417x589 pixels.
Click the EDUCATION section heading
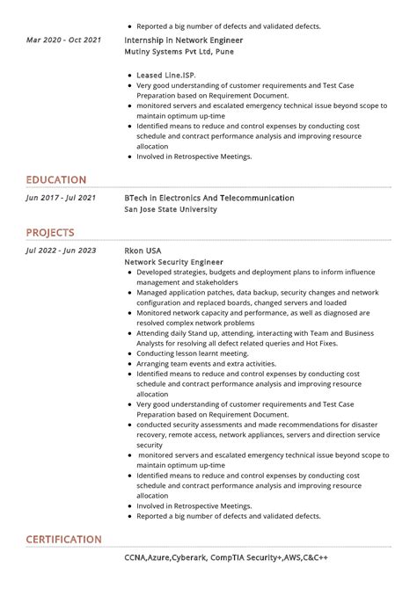coord(55,180)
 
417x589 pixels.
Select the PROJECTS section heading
coord(49,233)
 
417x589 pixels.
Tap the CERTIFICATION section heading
coord(63,539)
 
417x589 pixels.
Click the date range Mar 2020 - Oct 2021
coord(63,40)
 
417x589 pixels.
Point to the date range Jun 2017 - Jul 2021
coord(62,199)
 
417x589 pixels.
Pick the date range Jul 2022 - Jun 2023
coord(62,251)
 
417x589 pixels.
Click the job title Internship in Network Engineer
coord(184,40)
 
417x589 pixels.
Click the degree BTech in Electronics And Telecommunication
coord(209,199)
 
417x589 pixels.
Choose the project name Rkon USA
coord(143,251)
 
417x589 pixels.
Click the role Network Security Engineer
coord(174,262)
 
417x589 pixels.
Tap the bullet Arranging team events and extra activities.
coord(206,363)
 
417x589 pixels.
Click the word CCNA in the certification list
coord(135,557)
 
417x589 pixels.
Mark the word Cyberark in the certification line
coord(198,557)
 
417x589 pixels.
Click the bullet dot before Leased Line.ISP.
coord(129,76)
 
